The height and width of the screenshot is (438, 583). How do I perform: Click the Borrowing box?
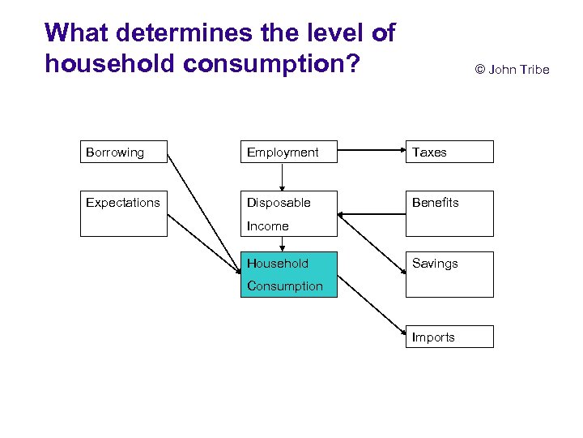click(123, 152)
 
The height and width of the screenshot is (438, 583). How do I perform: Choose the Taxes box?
click(449, 152)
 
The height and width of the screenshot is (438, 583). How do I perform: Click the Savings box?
click(449, 274)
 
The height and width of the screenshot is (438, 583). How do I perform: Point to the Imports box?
click(449, 337)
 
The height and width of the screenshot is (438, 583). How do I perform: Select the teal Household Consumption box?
click(289, 274)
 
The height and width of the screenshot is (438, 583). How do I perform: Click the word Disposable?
click(279, 203)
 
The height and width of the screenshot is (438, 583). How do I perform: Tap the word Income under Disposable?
click(267, 226)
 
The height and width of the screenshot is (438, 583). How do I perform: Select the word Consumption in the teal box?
click(284, 286)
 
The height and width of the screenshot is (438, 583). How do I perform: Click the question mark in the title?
click(351, 63)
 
